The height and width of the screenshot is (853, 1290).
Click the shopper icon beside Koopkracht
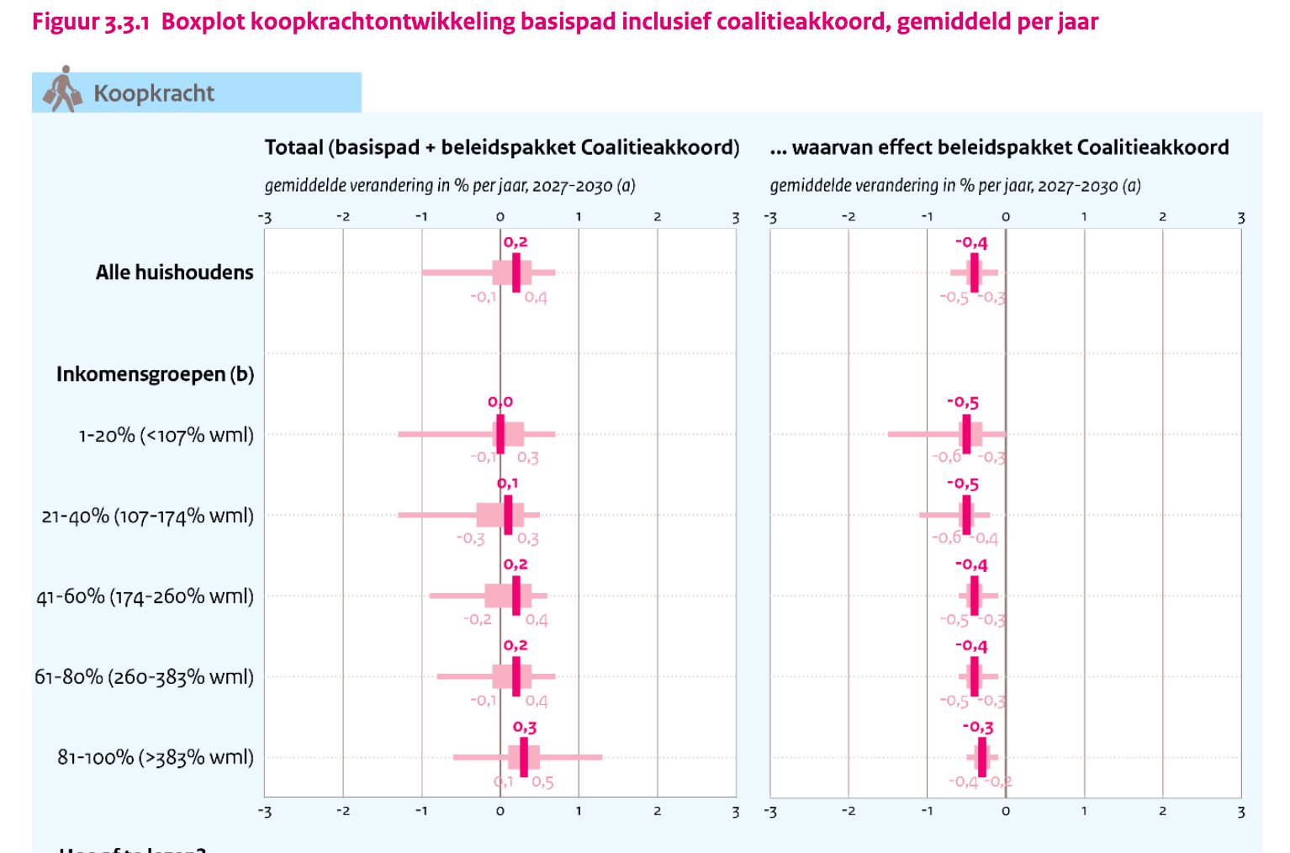(63, 90)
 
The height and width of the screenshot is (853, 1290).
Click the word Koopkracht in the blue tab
(154, 93)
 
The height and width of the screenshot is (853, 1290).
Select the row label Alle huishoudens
(174, 273)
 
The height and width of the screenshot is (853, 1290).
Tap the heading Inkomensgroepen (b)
(155, 374)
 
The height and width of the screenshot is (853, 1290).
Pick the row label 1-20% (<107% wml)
(166, 435)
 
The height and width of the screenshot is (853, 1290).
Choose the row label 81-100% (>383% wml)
(155, 757)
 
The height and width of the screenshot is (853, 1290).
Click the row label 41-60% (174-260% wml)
(145, 596)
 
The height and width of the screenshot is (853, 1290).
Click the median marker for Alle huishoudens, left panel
(515, 273)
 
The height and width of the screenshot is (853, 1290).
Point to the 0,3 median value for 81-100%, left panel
(525, 727)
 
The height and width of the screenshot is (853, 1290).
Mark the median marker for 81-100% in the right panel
(981, 757)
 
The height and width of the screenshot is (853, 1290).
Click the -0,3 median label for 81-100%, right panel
(978, 727)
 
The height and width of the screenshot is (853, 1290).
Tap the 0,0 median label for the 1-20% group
(500, 402)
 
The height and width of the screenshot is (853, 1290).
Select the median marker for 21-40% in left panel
(508, 515)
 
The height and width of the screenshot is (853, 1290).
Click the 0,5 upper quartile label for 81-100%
(543, 782)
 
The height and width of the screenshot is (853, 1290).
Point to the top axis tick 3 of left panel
(735, 217)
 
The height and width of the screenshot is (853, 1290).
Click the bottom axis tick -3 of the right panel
(769, 812)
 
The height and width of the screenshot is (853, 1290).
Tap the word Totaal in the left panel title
(294, 148)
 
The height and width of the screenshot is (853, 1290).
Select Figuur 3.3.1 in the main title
(91, 21)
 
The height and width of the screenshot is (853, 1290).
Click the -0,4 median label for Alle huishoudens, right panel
(971, 242)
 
